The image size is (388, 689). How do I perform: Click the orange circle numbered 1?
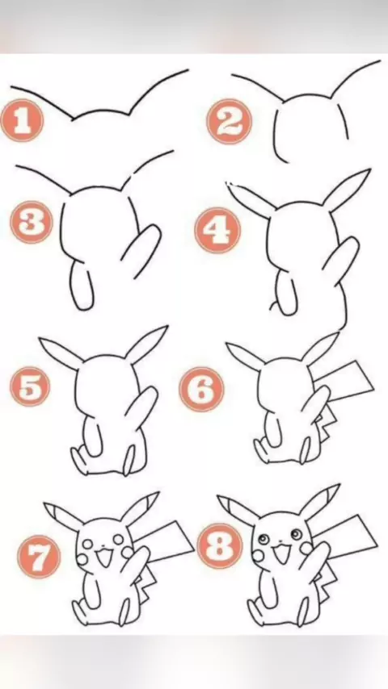click(22, 120)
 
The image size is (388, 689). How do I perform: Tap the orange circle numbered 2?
click(229, 121)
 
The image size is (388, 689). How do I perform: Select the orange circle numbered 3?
click(32, 223)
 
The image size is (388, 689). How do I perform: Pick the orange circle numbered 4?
click(217, 230)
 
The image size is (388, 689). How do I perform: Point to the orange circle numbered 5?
click(30, 386)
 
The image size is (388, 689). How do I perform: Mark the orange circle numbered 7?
click(39, 557)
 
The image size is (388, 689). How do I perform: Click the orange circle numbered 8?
click(219, 545)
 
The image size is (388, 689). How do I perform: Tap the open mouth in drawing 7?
click(104, 557)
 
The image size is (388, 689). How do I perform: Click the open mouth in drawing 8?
click(280, 553)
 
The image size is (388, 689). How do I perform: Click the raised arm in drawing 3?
click(141, 250)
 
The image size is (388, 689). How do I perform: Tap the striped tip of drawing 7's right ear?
click(151, 499)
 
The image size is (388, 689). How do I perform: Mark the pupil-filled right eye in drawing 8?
click(297, 534)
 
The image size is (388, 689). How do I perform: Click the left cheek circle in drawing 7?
click(82, 559)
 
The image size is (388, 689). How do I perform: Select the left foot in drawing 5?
click(79, 461)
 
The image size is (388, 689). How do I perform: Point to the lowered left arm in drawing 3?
click(82, 286)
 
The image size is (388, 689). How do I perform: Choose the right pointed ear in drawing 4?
click(347, 189)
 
